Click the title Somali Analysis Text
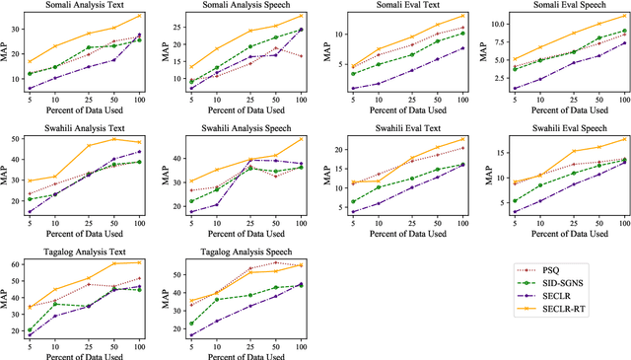[x=84, y=6]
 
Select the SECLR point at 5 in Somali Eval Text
[x=352, y=90]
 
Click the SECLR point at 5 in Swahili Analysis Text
[x=30, y=212]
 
